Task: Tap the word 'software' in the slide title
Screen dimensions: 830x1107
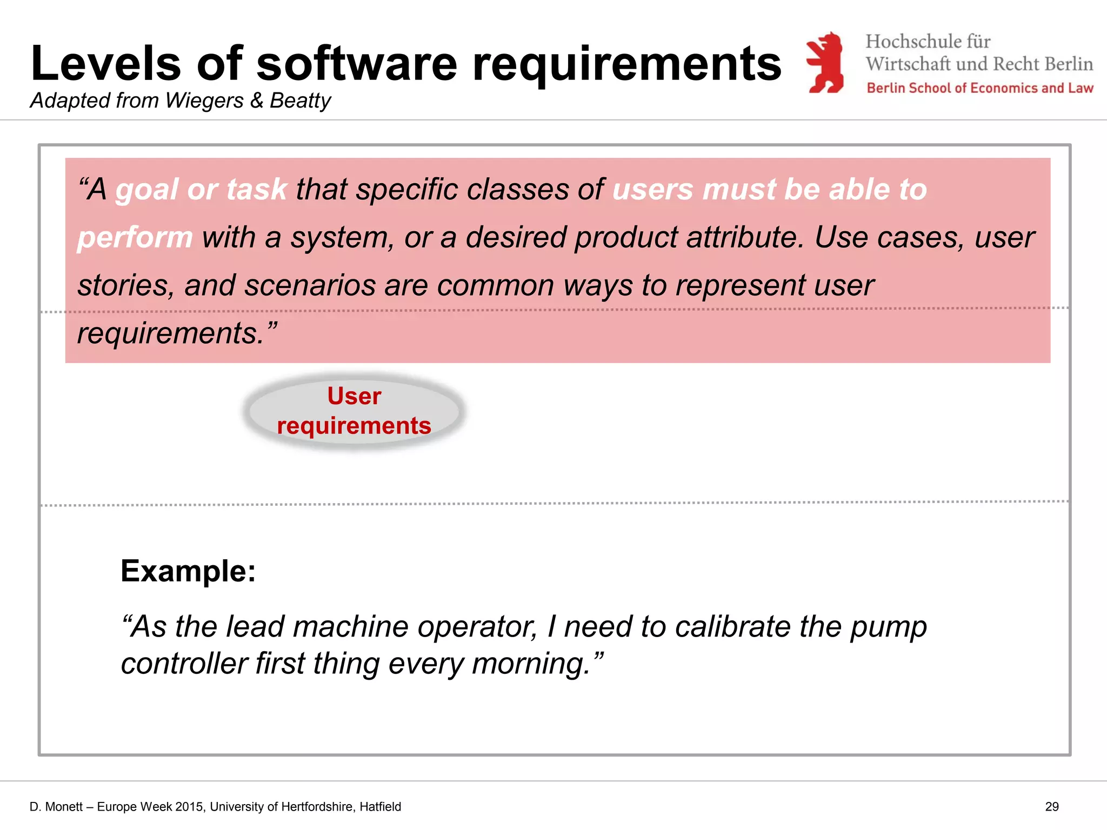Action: pyautogui.click(x=357, y=64)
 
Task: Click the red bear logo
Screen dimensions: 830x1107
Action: pyautogui.click(x=825, y=62)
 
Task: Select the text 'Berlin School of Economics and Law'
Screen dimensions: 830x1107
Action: pyautogui.click(x=979, y=88)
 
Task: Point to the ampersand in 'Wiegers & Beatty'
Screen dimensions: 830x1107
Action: pyautogui.click(x=257, y=101)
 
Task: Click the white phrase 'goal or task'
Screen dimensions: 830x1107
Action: pyautogui.click(x=201, y=190)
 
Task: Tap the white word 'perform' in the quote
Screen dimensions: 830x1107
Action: pyautogui.click(x=135, y=238)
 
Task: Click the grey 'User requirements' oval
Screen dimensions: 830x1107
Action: pyautogui.click(x=354, y=411)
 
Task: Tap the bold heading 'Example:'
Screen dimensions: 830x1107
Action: pyautogui.click(x=188, y=571)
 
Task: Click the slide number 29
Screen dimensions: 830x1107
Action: pyautogui.click(x=1051, y=807)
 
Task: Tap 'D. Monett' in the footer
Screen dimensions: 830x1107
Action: pyautogui.click(x=56, y=807)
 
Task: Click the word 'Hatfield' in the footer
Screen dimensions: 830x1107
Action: pyautogui.click(x=380, y=807)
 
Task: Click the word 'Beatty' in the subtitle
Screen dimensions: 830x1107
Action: pyautogui.click(x=300, y=101)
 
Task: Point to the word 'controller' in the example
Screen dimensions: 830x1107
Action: pyautogui.click(x=183, y=664)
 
